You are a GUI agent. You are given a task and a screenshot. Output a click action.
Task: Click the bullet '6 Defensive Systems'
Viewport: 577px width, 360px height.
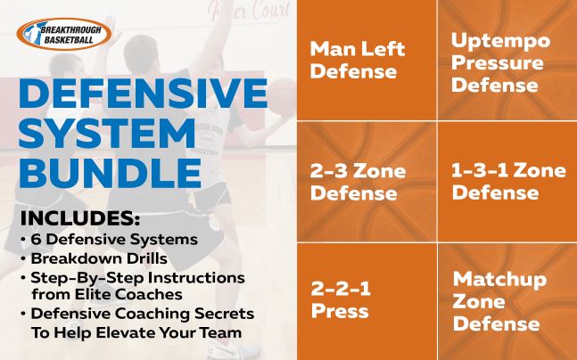(x=111, y=241)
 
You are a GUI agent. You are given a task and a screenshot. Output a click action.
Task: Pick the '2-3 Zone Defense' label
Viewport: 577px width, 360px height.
(x=357, y=181)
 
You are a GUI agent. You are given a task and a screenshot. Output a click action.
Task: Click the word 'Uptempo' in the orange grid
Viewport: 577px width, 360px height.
(x=500, y=42)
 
